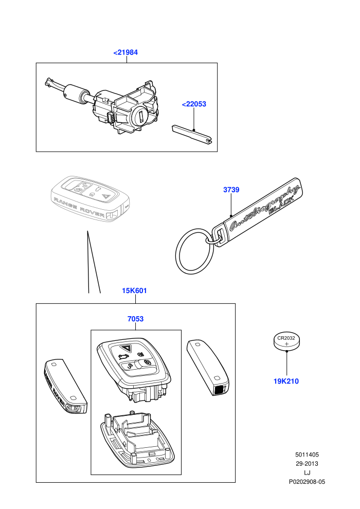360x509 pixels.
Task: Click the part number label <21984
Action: (125, 52)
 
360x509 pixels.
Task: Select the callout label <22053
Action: (194, 104)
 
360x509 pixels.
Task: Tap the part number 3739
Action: (231, 190)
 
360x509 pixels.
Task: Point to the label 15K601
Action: (134, 290)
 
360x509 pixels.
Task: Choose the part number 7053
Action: (135, 319)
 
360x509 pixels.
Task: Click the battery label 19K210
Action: (286, 381)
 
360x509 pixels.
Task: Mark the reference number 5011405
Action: (307, 455)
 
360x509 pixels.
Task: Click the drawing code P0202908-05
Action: (307, 482)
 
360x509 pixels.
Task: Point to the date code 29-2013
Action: (307, 464)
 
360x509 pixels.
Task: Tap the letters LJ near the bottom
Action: (307, 473)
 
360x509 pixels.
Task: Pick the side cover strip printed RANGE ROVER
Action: (65, 386)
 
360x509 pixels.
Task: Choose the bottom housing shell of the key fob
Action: (137, 439)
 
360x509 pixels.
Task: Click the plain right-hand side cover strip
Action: (208, 367)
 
